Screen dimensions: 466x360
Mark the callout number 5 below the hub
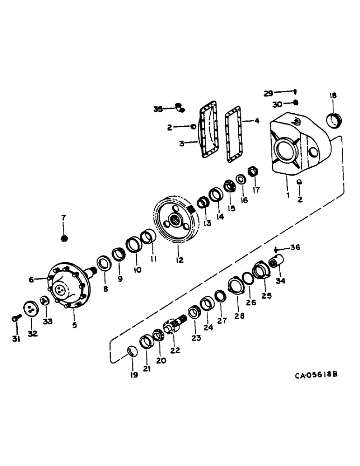pos(74,325)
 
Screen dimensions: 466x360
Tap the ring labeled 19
pos(132,351)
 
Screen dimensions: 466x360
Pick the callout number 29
pos(268,93)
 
